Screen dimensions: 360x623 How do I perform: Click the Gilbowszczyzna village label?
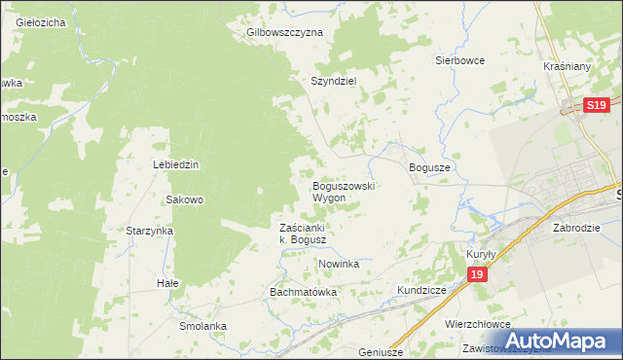click(284, 32)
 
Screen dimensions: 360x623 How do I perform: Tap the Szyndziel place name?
click(335, 82)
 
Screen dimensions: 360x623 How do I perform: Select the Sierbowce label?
click(459, 59)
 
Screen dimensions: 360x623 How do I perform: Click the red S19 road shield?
click(597, 106)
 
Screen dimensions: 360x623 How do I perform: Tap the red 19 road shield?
click(476, 276)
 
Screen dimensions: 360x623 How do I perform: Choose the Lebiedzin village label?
click(175, 164)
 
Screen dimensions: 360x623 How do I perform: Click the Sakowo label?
click(184, 199)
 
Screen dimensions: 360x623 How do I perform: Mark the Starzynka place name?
click(149, 231)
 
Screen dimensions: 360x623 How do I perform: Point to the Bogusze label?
click(429, 167)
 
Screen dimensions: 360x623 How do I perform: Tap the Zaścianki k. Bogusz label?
click(308, 234)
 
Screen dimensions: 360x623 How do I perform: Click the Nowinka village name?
click(339, 264)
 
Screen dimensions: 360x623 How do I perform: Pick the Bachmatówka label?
click(303, 292)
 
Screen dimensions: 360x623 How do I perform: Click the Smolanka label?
click(202, 326)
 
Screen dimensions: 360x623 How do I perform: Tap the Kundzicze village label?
click(421, 290)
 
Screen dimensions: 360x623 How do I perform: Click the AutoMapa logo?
click(558, 342)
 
